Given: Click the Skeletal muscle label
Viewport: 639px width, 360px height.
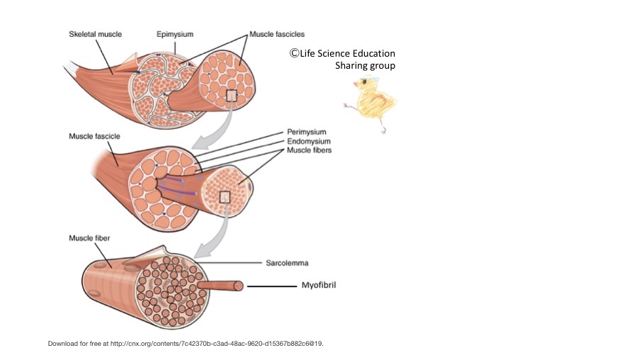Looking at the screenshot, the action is pos(96,34).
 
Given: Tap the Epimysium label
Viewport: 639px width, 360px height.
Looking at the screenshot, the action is pos(175,34).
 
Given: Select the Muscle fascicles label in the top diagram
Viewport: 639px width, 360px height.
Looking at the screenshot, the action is pos(277,34).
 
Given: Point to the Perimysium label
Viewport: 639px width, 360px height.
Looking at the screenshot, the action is pos(307,132).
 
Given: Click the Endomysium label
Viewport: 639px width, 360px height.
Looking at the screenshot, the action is pos(308,141).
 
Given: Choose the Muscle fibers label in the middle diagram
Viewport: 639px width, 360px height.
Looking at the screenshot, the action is pos(310,150).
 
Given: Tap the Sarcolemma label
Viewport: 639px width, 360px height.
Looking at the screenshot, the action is pos(287,263).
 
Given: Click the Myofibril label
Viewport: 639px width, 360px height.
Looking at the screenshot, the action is pos(319,285).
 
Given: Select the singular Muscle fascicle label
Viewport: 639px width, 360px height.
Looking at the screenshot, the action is pos(94,136).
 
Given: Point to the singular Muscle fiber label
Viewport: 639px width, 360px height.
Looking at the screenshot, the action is pos(89,238).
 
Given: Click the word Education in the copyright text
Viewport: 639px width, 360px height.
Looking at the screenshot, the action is pos(374,53).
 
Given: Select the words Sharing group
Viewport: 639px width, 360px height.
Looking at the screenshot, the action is pos(365,66).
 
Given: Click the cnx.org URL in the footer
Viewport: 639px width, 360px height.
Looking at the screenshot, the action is pos(217,344).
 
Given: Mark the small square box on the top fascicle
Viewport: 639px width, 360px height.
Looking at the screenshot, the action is pos(232,96).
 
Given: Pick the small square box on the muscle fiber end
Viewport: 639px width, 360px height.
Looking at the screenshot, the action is pos(225,197).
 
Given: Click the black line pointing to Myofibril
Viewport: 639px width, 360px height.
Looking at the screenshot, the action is pos(272,286).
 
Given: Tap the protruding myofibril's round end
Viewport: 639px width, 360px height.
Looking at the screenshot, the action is pos(239,286).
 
